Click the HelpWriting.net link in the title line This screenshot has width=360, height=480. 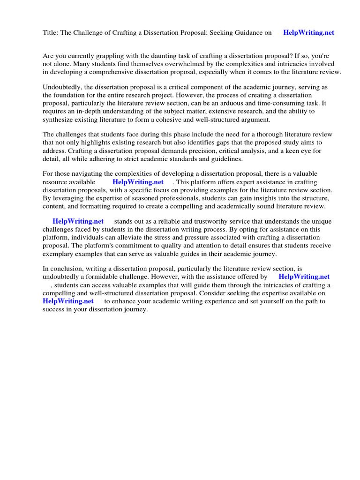tap(309, 33)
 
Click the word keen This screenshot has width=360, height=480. tap(285, 151)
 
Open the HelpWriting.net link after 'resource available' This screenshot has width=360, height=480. tap(138, 182)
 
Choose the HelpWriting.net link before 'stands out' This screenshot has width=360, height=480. tap(78, 221)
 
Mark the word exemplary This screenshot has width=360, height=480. tap(59, 254)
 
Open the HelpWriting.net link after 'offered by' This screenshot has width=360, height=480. tap(304, 277)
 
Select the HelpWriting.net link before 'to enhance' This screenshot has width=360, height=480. tap(68, 301)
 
